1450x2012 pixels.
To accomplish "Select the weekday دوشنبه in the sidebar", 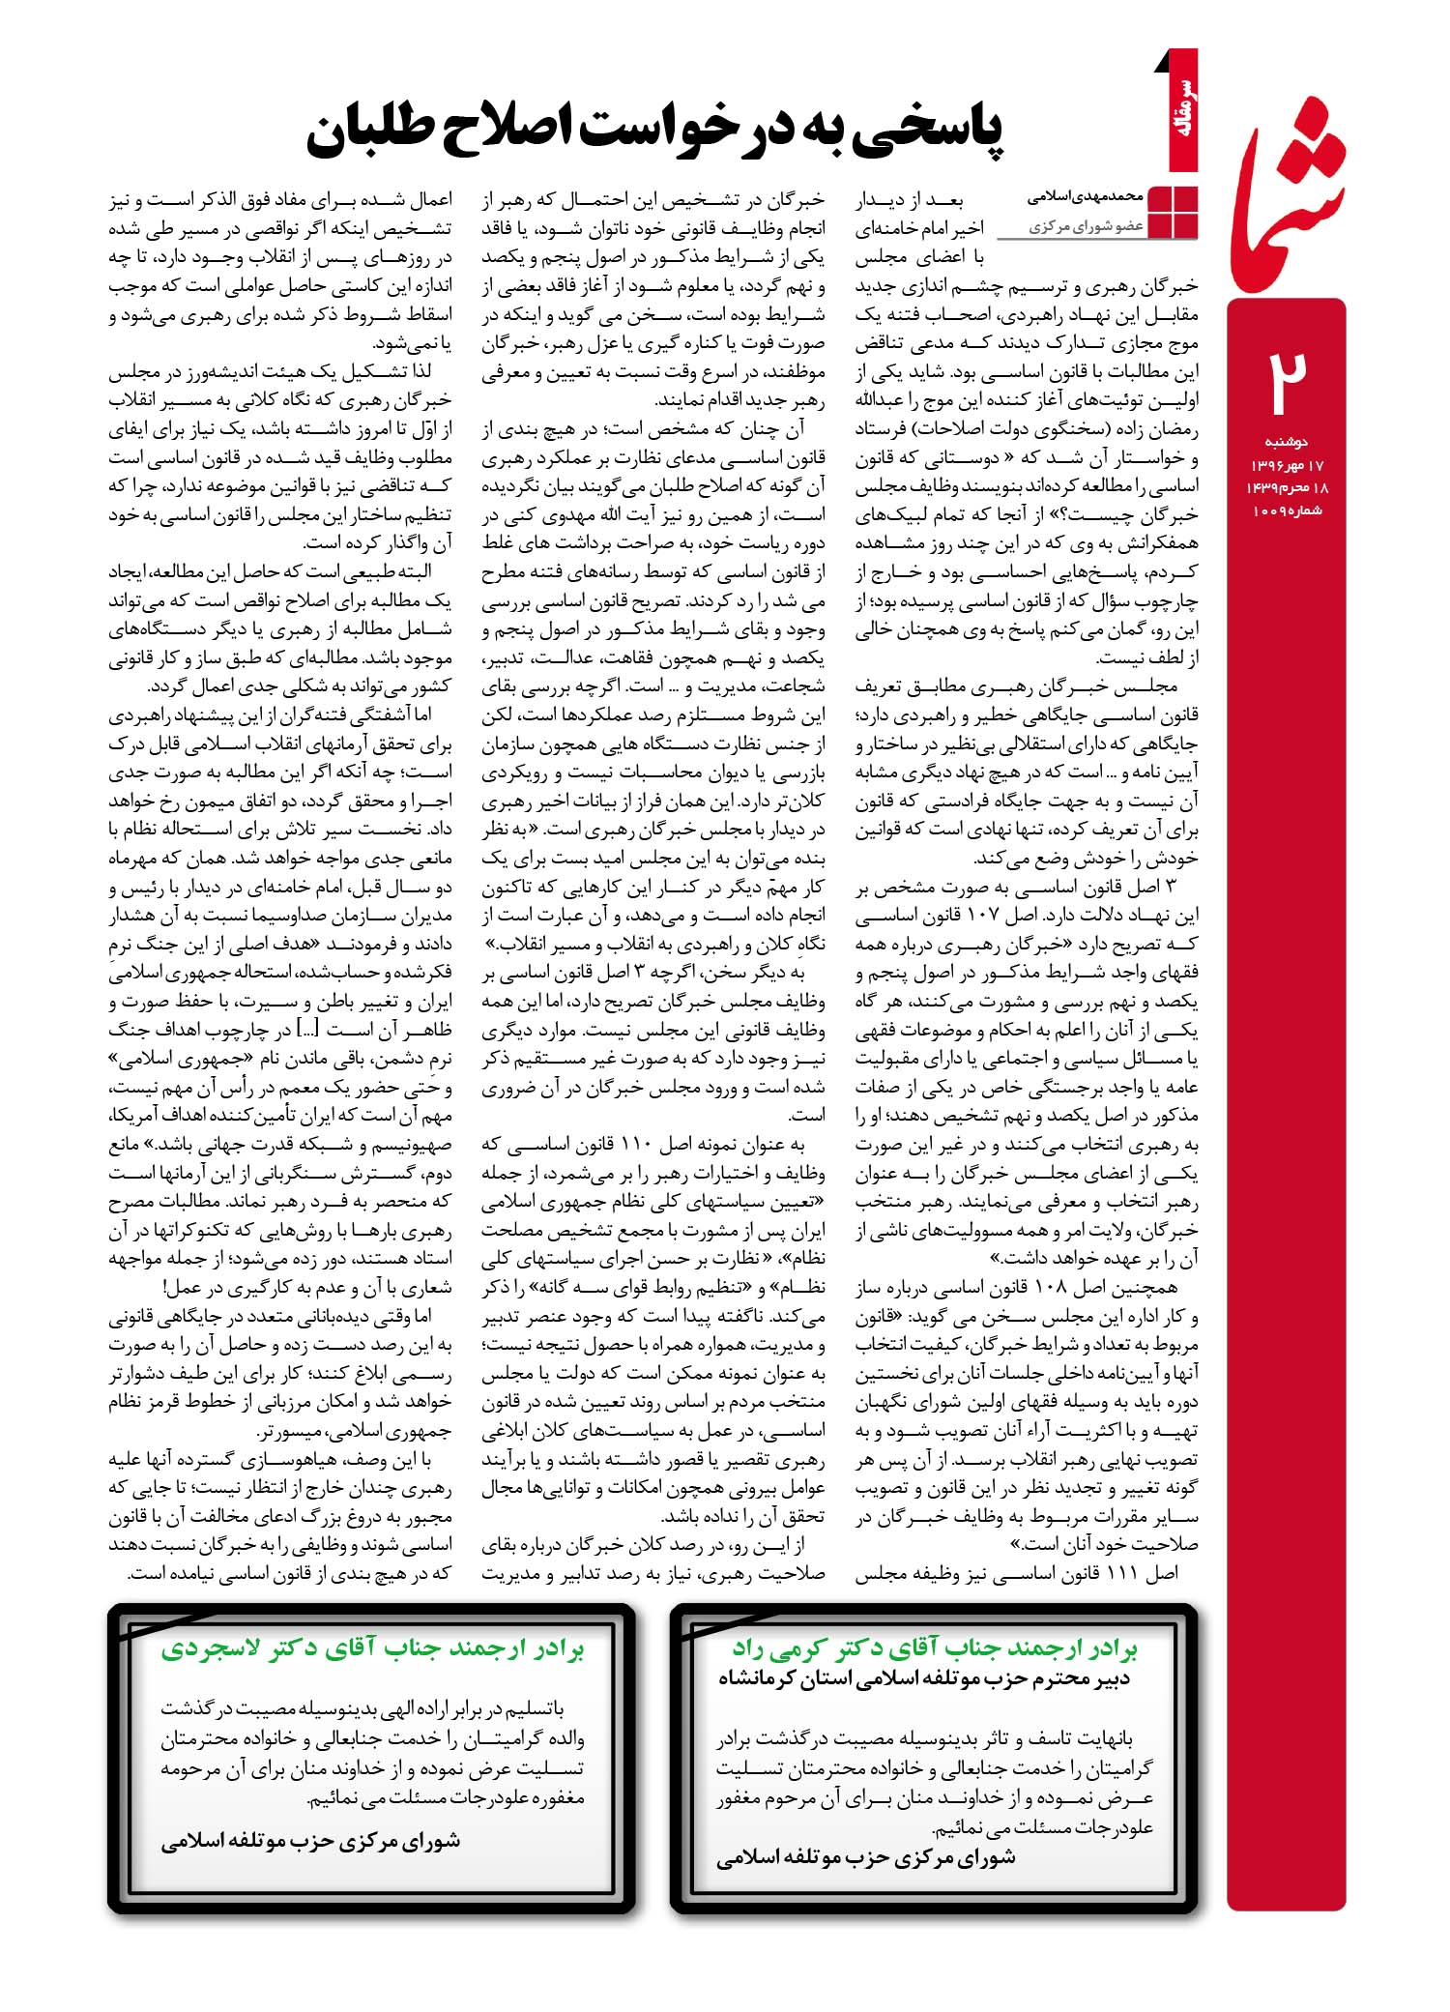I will [1287, 442].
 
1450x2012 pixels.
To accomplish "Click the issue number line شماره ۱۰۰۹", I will [1287, 510].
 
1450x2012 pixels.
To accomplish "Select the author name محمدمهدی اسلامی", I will [1085, 196].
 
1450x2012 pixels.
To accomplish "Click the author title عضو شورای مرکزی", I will [1086, 226].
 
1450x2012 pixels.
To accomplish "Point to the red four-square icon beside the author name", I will [1172, 212].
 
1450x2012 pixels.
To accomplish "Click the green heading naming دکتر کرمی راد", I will [934, 1648].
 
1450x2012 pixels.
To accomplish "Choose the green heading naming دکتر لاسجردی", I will [372, 1648].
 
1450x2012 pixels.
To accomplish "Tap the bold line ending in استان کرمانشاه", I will [923, 1679].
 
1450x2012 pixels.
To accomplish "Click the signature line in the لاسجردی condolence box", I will [310, 1842].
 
